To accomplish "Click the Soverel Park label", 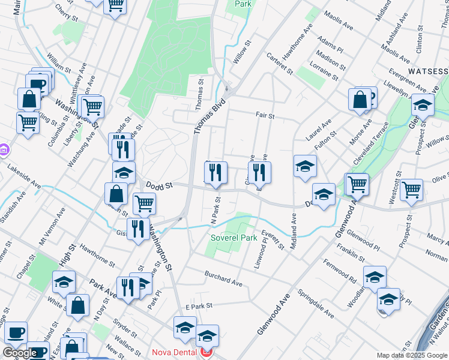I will click(x=234, y=238).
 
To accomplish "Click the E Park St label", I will click(x=200, y=306).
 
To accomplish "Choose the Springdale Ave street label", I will click(x=318, y=306).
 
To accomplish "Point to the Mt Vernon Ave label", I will click(x=52, y=227).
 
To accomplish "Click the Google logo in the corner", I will click(x=20, y=353).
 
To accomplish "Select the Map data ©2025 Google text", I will click(x=411, y=355).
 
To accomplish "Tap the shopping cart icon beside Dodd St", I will click(x=144, y=204).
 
